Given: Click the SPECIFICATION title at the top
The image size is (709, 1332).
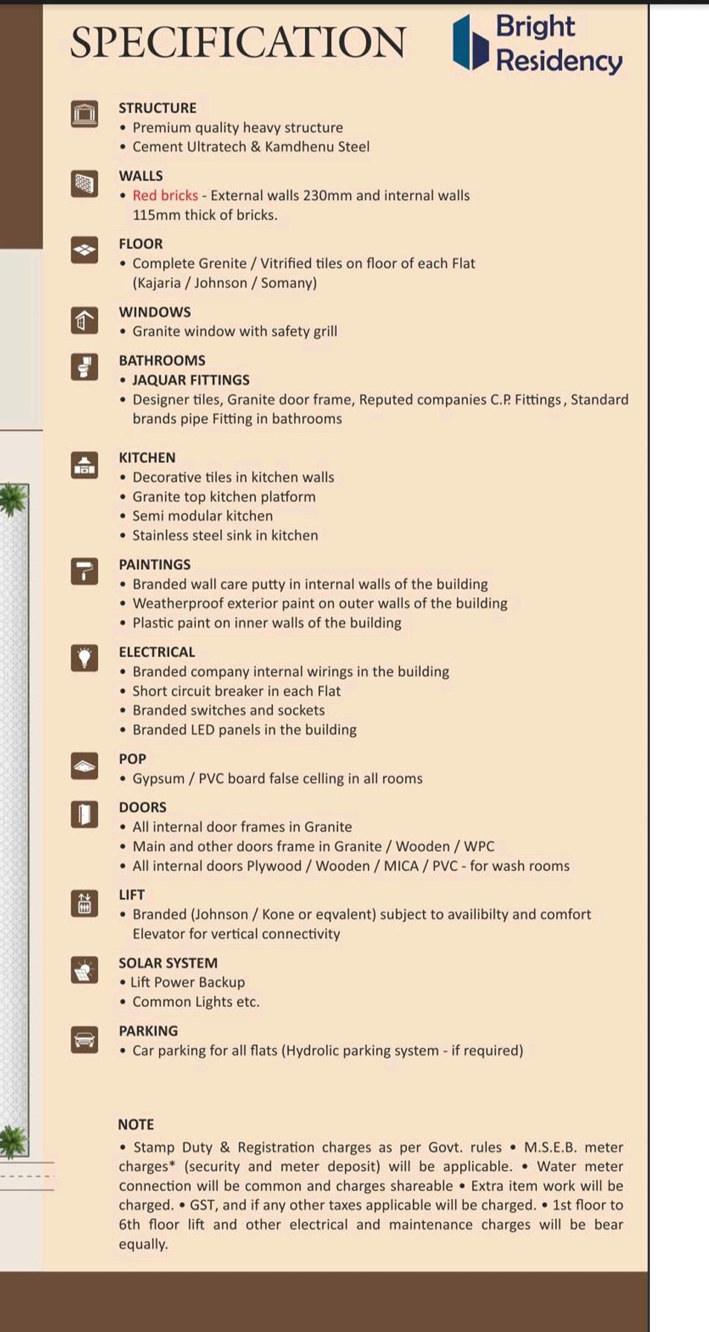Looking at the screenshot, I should pyautogui.click(x=238, y=43).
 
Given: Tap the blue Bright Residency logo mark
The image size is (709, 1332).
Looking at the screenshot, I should pyautogui.click(x=470, y=43).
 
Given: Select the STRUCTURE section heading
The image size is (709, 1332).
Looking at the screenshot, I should pyautogui.click(x=158, y=108).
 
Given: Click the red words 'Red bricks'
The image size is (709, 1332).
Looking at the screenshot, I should pyautogui.click(x=165, y=195).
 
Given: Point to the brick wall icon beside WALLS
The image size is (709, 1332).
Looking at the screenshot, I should pyautogui.click(x=84, y=183).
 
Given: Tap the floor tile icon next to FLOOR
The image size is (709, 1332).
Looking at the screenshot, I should pyautogui.click(x=84, y=250).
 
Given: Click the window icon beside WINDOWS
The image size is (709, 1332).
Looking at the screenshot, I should pyautogui.click(x=84, y=320).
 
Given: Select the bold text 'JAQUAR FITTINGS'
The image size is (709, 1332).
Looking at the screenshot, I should pyautogui.click(x=191, y=380).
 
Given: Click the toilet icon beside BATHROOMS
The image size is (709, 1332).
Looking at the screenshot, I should pyautogui.click(x=84, y=366).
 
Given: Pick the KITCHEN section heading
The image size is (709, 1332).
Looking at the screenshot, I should pyautogui.click(x=147, y=457).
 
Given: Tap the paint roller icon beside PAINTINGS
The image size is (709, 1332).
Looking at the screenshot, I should pyautogui.click(x=84, y=571).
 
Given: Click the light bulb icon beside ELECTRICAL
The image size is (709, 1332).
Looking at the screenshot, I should pyautogui.click(x=84, y=657).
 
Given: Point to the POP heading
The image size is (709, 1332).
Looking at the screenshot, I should pyautogui.click(x=133, y=759).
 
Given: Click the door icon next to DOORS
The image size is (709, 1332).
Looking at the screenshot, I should pyautogui.click(x=84, y=814).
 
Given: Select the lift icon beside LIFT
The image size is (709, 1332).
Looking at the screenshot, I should pyautogui.click(x=84, y=903).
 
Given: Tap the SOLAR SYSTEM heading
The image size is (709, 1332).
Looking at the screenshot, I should pyautogui.click(x=168, y=963).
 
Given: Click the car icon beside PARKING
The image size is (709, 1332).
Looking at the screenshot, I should pyautogui.click(x=84, y=1040).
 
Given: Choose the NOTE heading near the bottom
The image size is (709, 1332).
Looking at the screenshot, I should pyautogui.click(x=136, y=1124).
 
